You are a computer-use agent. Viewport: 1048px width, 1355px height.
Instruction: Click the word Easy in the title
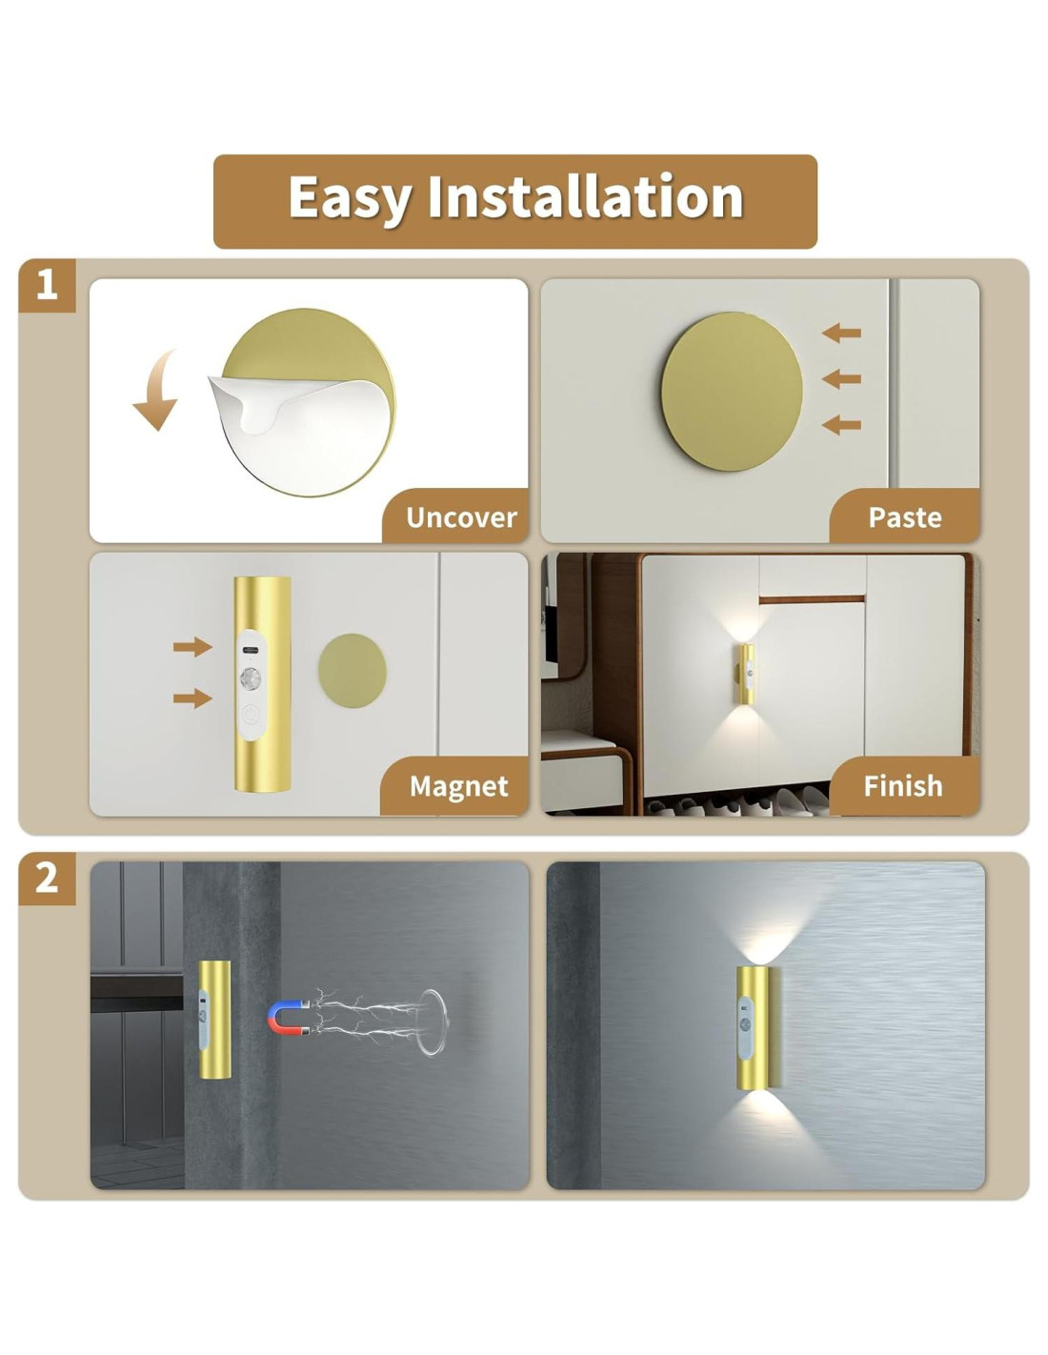pos(350,197)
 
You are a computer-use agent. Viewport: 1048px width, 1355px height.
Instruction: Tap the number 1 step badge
pos(48,285)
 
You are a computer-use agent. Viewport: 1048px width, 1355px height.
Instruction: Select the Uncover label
pos(461,516)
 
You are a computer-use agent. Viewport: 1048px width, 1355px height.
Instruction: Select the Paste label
pos(904,516)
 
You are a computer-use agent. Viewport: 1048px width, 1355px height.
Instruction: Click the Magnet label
pos(459,786)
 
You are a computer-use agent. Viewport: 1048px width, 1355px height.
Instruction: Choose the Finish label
pos(903,786)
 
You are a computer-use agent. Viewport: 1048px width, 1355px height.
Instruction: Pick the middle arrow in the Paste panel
pos(841,378)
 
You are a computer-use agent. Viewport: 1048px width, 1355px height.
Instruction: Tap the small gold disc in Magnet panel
pos(353,670)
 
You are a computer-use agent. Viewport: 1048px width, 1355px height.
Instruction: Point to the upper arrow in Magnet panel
pos(192,647)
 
